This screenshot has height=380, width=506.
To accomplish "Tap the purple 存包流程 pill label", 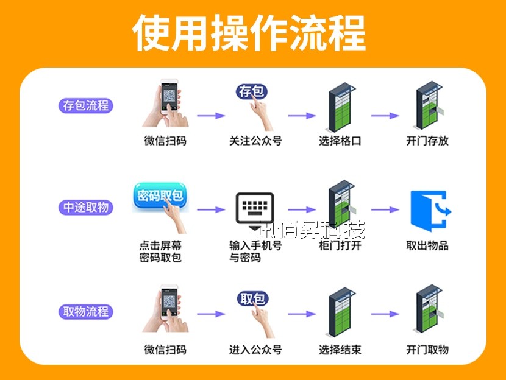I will pos(86,105).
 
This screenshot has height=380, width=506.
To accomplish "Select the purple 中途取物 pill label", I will pos(86,207).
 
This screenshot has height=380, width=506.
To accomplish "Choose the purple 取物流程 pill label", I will pos(86,312).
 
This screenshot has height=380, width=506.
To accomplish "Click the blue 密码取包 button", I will pos(159,196).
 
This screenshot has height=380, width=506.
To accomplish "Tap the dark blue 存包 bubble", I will pos(252,92).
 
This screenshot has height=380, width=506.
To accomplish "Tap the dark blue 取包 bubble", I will pos(252,299).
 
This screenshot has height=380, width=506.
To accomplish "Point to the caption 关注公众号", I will pos(255,141).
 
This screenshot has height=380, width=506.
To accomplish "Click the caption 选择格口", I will pos(340,141).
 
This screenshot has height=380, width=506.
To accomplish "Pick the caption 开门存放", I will pos(427,141).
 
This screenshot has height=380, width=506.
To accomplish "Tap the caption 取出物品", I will pos(427,245).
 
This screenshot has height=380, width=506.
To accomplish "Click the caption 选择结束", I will pos(340,350).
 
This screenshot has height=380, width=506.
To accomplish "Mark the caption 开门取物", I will pos(427,350).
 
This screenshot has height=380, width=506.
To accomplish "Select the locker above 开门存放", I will pos(429,107).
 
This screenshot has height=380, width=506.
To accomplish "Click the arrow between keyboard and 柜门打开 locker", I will pos(302,209).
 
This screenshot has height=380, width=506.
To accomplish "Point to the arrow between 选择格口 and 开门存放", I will pos(385,116).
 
